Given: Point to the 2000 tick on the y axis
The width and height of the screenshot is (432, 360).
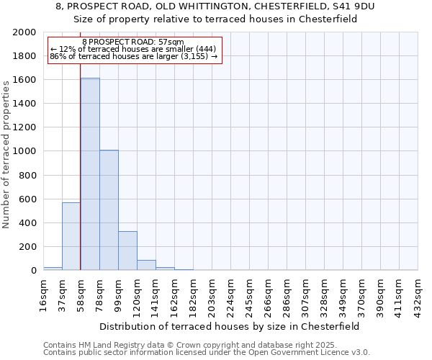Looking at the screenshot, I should click(24, 32).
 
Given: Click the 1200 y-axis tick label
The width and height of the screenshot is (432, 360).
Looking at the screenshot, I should click(24, 127).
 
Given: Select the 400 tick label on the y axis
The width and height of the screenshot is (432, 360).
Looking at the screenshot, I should click(27, 223).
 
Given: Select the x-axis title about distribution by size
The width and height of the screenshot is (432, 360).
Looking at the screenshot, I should click(230, 326).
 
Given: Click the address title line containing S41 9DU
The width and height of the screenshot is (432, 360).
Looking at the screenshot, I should click(215, 6).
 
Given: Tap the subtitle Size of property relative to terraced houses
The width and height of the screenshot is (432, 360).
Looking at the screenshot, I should click(215, 19).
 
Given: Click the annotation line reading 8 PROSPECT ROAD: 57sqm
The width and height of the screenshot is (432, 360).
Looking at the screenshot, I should click(133, 42).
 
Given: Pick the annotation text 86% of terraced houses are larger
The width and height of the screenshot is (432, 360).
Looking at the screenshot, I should click(133, 57).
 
